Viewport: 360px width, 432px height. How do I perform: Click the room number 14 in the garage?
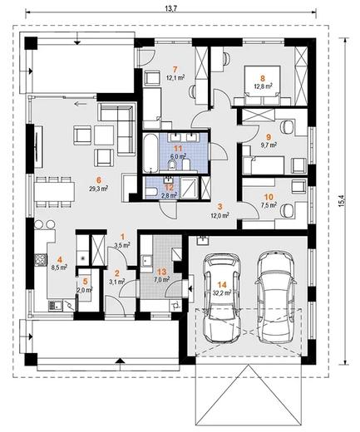point(222,285)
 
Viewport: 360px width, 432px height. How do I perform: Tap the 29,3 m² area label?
point(98,189)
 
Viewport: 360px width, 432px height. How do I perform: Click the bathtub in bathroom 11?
point(150,153)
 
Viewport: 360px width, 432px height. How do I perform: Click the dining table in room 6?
point(54,192)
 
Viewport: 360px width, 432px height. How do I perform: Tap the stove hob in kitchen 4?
point(41,259)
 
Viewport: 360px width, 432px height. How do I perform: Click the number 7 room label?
point(175,68)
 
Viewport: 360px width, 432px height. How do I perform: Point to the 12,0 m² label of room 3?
point(220,215)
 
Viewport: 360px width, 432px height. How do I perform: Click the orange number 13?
point(161,272)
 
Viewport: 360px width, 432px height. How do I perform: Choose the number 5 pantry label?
point(86,282)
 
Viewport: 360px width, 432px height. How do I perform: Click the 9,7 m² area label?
point(268,145)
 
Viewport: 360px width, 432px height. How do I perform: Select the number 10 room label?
point(269,197)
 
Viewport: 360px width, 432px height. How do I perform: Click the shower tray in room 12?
point(190,188)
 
